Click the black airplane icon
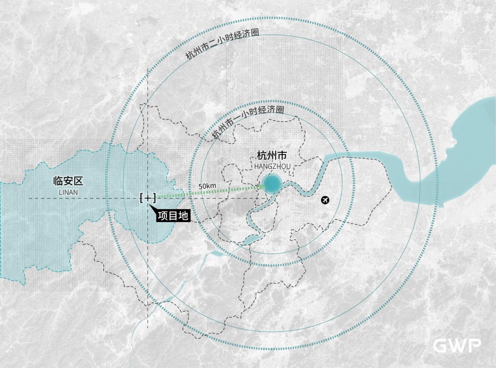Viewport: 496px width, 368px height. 325,200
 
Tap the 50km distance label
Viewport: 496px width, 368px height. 207,186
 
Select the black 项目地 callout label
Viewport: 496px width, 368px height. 173,215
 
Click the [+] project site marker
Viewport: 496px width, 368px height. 148,198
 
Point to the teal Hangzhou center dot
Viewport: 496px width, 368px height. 272,184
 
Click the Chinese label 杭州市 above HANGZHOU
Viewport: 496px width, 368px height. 272,156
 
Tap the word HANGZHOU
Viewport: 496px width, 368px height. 272,166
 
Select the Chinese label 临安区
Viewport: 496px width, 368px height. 68,181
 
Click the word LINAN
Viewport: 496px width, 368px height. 68,192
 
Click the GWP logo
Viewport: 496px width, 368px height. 457,345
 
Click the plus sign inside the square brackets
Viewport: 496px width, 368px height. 148,198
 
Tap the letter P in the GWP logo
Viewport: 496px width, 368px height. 474,345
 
